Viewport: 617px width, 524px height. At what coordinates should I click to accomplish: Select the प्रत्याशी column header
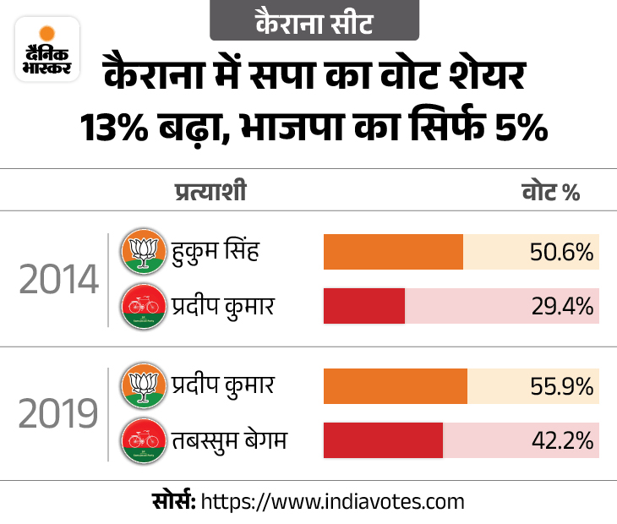click(x=210, y=192)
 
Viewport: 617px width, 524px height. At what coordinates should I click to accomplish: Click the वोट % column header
click(x=550, y=193)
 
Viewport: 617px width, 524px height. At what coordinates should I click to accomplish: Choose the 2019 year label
click(x=59, y=414)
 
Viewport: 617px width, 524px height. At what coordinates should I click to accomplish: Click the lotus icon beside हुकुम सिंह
click(x=142, y=252)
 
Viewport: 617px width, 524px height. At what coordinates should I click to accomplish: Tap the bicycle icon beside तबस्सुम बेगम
click(x=142, y=439)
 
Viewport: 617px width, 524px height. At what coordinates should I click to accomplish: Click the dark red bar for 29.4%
click(x=364, y=306)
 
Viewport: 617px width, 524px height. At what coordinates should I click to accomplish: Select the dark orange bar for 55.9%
click(x=396, y=386)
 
